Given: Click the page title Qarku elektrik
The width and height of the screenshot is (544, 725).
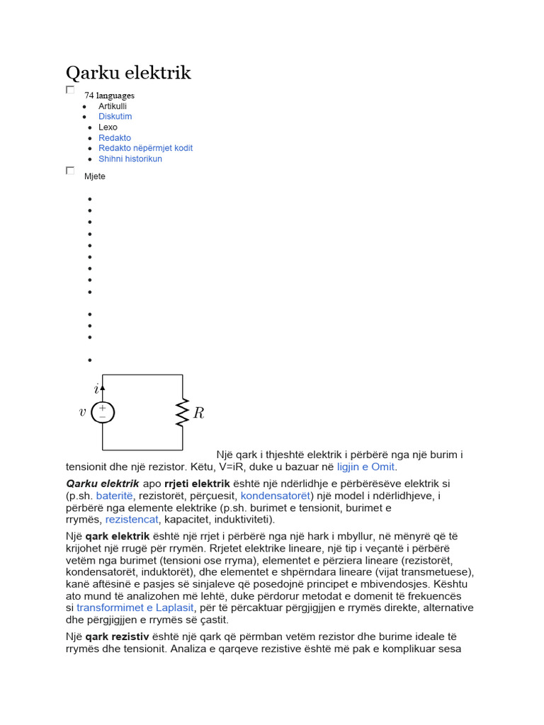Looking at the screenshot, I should tap(128, 73).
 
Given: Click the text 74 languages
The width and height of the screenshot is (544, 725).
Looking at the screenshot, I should tap(109, 95).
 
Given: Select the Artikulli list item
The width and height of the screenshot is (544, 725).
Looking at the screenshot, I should tap(113, 105).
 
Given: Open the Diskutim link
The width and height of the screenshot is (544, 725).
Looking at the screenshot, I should tap(115, 116).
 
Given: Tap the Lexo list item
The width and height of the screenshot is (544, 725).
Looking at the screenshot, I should tap(108, 127).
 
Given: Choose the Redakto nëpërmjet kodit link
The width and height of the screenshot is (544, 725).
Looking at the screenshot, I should tap(145, 148).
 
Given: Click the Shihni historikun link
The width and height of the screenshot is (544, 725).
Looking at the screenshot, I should tap(130, 159).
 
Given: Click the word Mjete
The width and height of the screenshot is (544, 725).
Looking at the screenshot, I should tap(94, 176).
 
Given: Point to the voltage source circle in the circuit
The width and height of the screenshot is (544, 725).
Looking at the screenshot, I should tap(103, 412).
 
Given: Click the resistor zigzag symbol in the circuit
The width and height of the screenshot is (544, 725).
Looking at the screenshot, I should tap(183, 412).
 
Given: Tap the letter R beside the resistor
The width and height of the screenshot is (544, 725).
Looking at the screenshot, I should tap(198, 413).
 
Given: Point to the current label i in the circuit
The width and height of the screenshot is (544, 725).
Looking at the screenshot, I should tap(96, 389).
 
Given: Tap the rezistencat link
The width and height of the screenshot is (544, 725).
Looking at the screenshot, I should tap(132, 520).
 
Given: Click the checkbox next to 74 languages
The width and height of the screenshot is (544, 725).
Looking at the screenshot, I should tap(70, 90).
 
